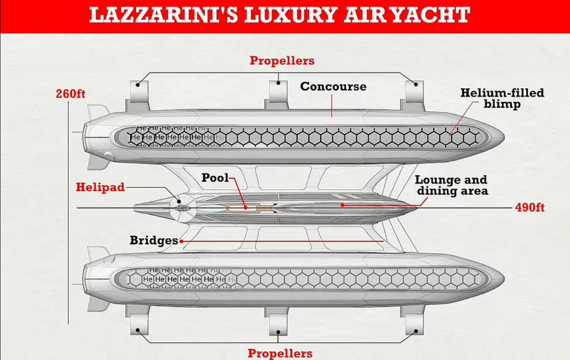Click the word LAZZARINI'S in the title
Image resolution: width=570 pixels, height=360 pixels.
[x=163, y=15]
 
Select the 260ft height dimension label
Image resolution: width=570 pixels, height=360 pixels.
[x=70, y=94]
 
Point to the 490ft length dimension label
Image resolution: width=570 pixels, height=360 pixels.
[x=530, y=207]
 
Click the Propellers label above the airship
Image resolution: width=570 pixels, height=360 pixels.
[x=282, y=61]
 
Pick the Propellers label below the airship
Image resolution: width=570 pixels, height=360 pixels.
[x=280, y=353]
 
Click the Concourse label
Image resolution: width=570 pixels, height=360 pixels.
[x=333, y=87]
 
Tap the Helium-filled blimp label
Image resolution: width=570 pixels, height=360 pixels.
[x=502, y=99]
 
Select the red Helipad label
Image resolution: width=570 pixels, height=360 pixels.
[x=100, y=187]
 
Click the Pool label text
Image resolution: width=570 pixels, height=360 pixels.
[x=215, y=178]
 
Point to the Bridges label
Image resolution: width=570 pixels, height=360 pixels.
[x=154, y=240]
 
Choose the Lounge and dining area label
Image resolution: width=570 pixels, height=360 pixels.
[x=451, y=185]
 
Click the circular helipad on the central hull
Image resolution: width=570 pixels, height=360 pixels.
[x=183, y=209]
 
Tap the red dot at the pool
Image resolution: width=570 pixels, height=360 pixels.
[x=245, y=208]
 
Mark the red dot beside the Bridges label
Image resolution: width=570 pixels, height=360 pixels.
[x=181, y=241]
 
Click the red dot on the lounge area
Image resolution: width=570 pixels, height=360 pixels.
[x=343, y=205]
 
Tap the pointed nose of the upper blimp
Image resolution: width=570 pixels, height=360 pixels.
[x=503, y=137]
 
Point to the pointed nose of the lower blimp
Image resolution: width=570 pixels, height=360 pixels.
[x=503, y=279]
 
